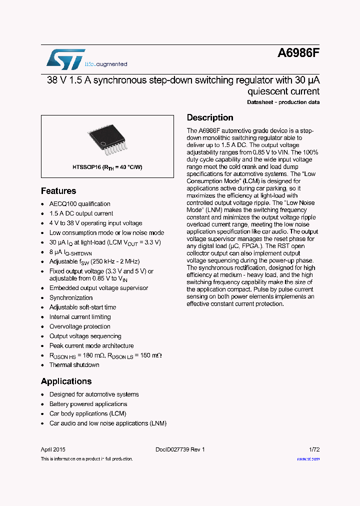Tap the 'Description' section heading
click(210, 118)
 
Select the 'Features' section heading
click(58, 191)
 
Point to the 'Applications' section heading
click(66, 381)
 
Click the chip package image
click(107, 139)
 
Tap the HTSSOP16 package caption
click(107, 167)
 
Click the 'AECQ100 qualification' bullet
click(79, 204)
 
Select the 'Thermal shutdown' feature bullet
click(74, 365)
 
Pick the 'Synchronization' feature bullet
click(71, 298)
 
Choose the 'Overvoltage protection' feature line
click(80, 326)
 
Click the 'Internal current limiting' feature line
click(80, 317)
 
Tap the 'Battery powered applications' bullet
click(88, 404)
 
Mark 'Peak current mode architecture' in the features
click(91, 346)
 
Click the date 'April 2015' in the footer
click(53, 449)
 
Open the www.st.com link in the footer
click(308, 458)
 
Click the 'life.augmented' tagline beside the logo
click(106, 64)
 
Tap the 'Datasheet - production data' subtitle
click(283, 102)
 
